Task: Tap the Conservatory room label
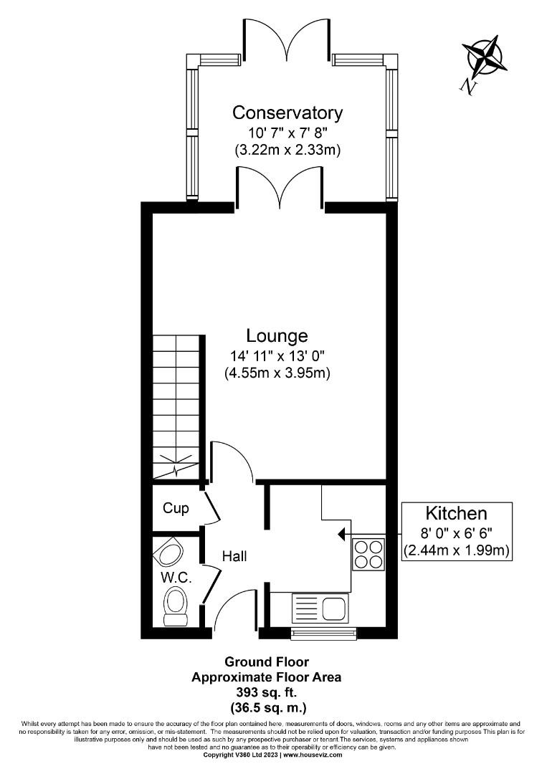point(287,113)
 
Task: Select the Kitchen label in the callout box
point(457,513)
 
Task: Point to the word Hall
point(234,555)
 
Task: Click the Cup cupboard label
point(176,508)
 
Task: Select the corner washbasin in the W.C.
point(171,553)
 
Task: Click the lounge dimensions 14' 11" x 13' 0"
point(277,356)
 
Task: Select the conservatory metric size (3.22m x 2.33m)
point(287,151)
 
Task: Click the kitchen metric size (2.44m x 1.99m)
point(457,550)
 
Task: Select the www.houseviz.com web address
point(313,755)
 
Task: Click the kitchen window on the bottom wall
point(323,633)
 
